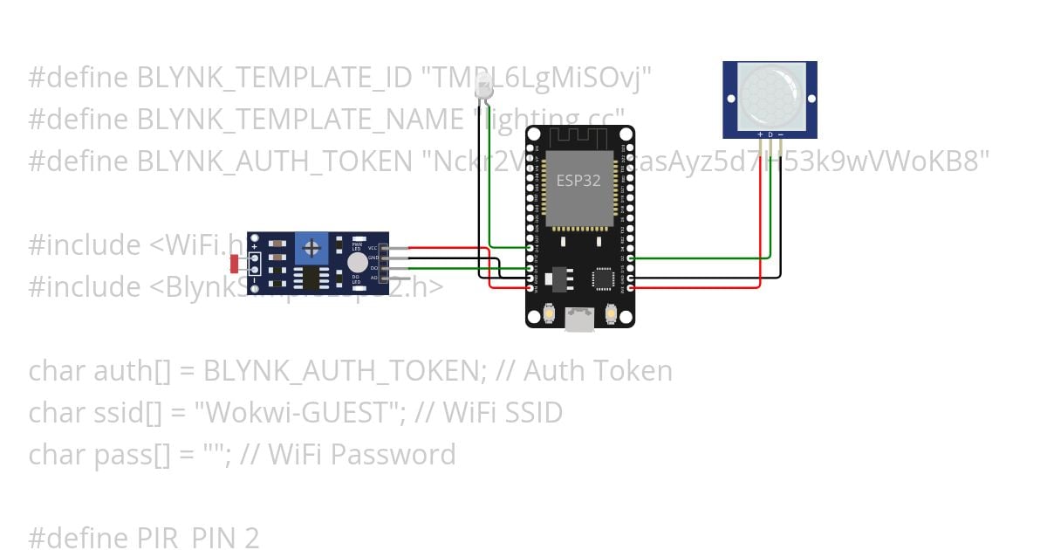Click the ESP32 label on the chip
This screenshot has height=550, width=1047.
pos(578,181)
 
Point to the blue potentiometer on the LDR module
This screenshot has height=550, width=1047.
pos(311,248)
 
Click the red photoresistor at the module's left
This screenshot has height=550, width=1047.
pos(235,262)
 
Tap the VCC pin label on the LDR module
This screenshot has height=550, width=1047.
pos(373,249)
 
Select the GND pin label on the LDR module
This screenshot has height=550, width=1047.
pos(373,258)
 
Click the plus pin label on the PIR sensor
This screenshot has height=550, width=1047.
pos(760,134)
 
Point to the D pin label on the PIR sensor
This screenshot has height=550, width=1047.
pos(770,134)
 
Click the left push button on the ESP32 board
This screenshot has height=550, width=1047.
pos(550,312)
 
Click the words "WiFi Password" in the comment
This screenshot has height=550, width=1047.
pos(361,454)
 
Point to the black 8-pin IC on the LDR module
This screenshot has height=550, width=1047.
pos(310,277)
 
